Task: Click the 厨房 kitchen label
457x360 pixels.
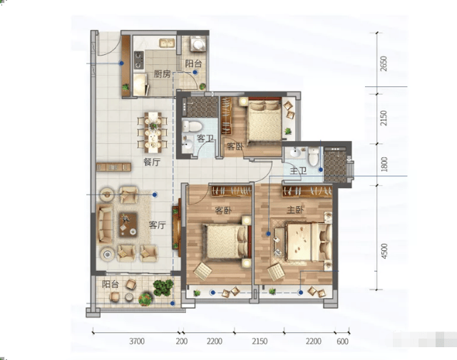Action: click(162, 74)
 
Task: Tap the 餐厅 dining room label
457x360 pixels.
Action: click(152, 162)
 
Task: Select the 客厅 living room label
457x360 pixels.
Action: click(158, 225)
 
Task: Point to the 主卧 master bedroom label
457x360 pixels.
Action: click(295, 210)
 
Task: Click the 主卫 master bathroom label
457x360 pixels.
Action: click(298, 171)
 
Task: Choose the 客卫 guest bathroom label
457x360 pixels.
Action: click(205, 138)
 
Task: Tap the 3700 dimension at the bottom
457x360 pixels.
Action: click(137, 341)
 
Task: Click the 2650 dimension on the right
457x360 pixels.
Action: click(384, 63)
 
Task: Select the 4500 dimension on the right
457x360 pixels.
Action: click(384, 251)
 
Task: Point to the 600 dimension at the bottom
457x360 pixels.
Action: click(342, 341)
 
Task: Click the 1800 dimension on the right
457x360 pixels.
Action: click(384, 164)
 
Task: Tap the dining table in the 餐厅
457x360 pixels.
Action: click(153, 133)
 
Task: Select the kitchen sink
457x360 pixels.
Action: click(167, 43)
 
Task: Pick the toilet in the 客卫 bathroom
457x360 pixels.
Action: click(192, 126)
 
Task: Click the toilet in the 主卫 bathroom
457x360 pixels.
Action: click(313, 157)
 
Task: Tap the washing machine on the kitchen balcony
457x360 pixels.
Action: click(198, 44)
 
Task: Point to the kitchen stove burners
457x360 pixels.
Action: click(139, 60)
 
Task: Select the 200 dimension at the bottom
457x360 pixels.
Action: click(182, 341)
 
